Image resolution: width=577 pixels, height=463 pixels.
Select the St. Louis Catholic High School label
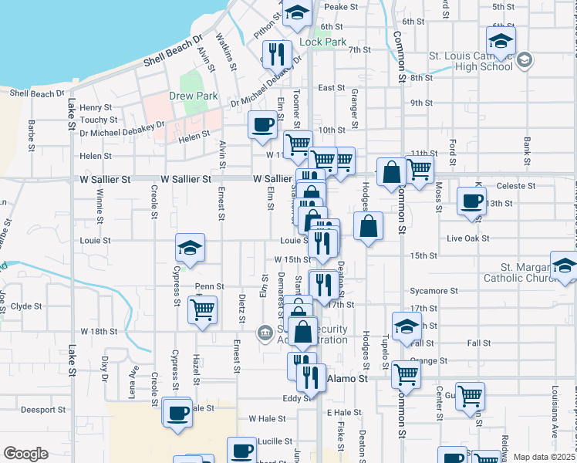tap(471, 61)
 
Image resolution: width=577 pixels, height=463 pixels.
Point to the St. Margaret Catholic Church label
tap(521, 277)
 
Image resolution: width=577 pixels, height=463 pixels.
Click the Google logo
tap(25, 454)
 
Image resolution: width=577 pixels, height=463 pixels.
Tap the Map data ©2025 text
tap(544, 457)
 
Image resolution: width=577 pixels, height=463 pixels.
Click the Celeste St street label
tap(516, 186)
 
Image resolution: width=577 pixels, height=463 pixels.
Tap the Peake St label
tap(341, 7)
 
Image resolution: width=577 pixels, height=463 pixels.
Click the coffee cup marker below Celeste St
tap(471, 201)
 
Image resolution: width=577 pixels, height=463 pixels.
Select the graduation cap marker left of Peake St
tap(297, 12)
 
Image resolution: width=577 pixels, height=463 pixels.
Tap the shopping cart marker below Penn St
tap(202, 310)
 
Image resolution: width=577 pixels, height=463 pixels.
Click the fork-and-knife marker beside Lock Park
tap(275, 54)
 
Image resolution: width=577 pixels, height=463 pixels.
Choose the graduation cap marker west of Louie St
tap(190, 247)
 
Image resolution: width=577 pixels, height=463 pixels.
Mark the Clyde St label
tap(26, 306)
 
